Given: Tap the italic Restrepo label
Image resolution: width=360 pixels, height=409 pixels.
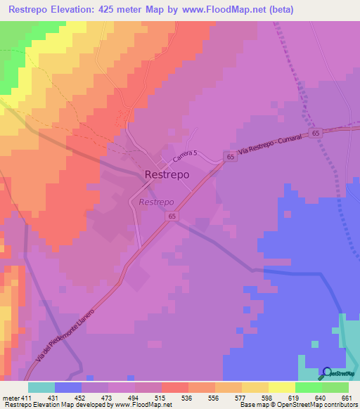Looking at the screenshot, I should [x=156, y=202].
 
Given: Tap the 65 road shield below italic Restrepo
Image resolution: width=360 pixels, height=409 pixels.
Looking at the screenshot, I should [x=172, y=217].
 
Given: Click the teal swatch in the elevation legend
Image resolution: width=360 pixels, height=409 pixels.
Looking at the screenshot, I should [x=41, y=387].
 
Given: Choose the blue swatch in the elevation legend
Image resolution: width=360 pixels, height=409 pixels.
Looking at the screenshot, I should [x=68, y=387].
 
